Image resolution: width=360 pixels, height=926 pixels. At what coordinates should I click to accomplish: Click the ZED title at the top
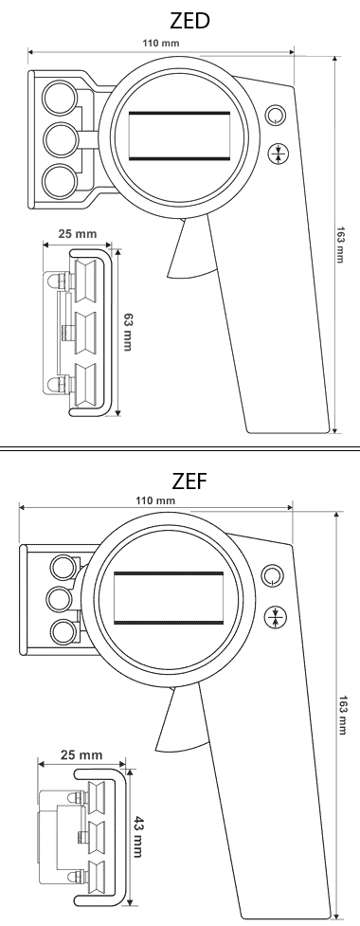189,21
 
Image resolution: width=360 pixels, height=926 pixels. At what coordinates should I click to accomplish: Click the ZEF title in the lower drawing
189,481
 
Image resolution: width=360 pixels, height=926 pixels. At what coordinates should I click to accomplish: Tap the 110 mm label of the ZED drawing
161,43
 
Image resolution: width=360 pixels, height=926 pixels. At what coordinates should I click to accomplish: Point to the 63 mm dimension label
126,332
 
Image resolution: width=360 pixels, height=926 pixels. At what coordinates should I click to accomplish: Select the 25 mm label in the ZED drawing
78,234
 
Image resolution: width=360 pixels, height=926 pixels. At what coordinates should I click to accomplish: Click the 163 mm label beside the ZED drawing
341,245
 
